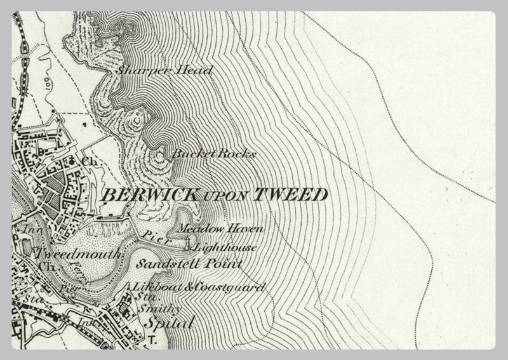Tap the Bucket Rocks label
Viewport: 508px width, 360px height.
(213, 154)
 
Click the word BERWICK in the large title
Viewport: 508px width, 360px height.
(148, 194)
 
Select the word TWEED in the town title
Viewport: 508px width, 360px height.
(291, 194)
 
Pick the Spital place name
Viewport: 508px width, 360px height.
(160, 323)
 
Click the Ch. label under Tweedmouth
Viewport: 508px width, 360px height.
(44, 267)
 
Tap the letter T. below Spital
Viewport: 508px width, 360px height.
(152, 342)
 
